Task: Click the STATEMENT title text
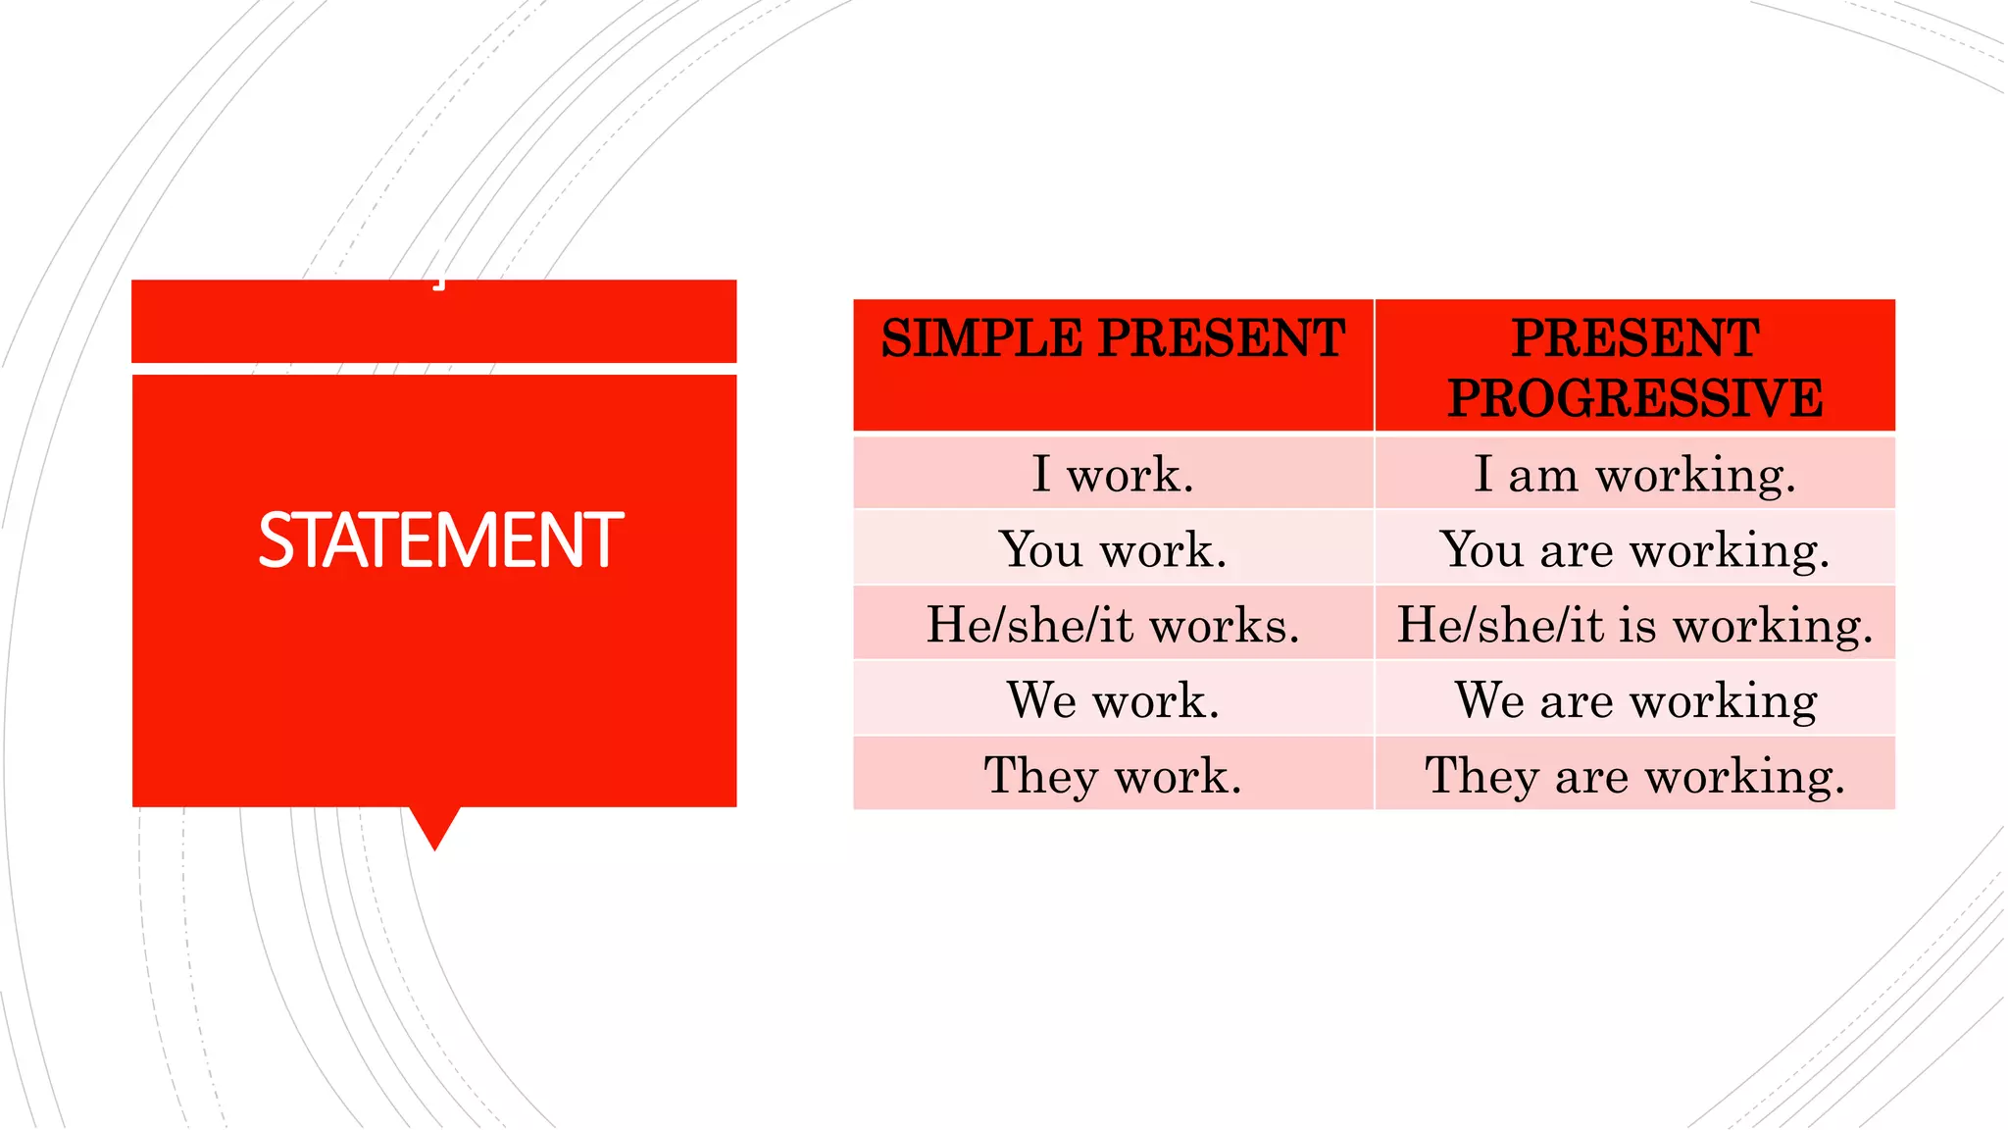[x=440, y=540]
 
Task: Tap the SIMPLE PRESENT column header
[x=1113, y=339]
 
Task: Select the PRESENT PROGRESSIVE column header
[x=1634, y=367]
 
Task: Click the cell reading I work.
[x=1113, y=475]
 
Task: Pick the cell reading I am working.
[x=1634, y=475]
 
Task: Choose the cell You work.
[x=1113, y=549]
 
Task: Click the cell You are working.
[x=1634, y=549]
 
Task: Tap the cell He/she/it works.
[x=1113, y=625]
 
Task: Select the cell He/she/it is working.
[x=1634, y=625]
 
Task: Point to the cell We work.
[x=1113, y=700]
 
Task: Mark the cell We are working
[x=1634, y=700]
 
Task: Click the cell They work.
[x=1113, y=776]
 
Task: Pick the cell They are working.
[x=1634, y=776]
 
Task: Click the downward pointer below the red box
[x=434, y=826]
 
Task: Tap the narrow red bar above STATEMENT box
[x=434, y=322]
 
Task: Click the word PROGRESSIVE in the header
[x=1634, y=398]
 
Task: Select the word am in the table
[x=1543, y=477]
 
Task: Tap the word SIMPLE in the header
[x=981, y=339]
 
